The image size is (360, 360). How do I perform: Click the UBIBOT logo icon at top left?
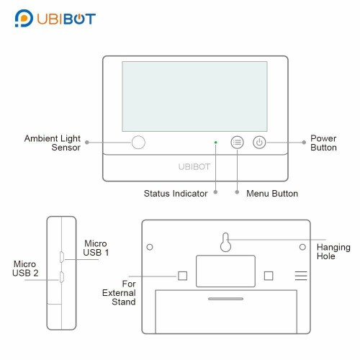[24, 18]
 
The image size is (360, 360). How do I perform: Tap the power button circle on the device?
[259, 143]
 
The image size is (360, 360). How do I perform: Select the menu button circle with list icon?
[237, 143]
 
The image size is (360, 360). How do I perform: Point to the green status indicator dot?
[215, 143]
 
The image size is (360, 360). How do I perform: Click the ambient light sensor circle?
[138, 143]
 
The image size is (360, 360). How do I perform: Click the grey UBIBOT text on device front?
[194, 166]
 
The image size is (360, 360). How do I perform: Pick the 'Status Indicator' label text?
[176, 194]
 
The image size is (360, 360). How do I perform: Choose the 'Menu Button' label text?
[272, 194]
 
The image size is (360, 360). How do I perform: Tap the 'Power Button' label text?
[323, 143]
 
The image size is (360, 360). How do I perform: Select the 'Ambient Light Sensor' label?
[53, 143]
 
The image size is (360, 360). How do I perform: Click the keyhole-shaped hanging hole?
[225, 242]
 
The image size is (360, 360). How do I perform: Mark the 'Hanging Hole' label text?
[333, 251]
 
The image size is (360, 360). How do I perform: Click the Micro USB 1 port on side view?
[62, 257]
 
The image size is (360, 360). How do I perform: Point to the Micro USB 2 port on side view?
[62, 277]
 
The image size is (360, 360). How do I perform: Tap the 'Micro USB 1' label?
[96, 248]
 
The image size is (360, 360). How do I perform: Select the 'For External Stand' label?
[119, 293]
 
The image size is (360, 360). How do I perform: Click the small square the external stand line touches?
[183, 276]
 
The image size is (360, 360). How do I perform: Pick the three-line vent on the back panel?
[301, 276]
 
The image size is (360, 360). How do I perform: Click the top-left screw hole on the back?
[150, 247]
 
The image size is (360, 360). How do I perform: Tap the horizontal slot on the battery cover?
[225, 299]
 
